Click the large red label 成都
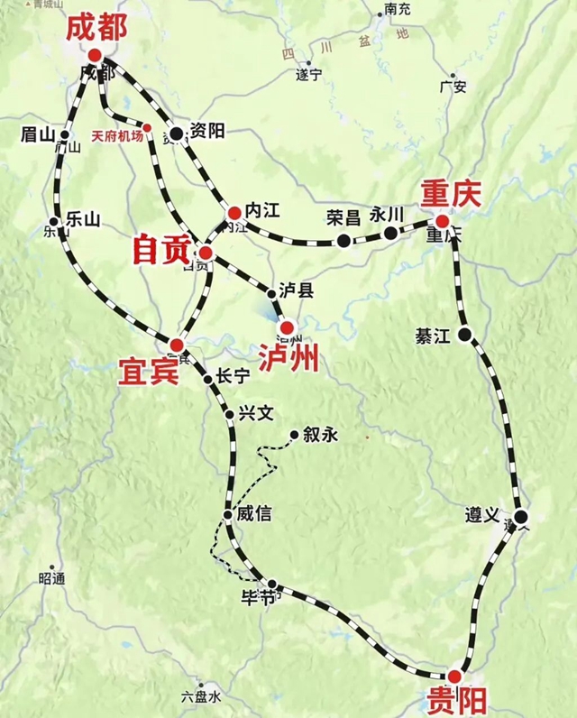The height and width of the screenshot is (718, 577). pos(96,28)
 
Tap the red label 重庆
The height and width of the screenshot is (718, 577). pos(452,193)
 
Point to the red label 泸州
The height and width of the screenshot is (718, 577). pos(288,358)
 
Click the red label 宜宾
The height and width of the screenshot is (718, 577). pos(148,370)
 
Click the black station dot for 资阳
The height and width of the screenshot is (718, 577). pos(177,133)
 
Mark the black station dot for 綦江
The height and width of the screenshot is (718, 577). pos(465,336)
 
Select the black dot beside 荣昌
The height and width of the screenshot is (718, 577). pos(343,240)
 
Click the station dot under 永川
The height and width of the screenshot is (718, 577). pos(390,234)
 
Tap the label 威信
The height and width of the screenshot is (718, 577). pos(253,514)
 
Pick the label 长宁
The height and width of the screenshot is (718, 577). pos(233,378)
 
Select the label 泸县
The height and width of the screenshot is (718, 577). pos(297,290)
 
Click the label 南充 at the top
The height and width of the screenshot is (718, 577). pos(398,10)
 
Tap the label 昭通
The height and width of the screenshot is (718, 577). pos(51,578)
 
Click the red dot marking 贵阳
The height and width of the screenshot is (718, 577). pos(454,676)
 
